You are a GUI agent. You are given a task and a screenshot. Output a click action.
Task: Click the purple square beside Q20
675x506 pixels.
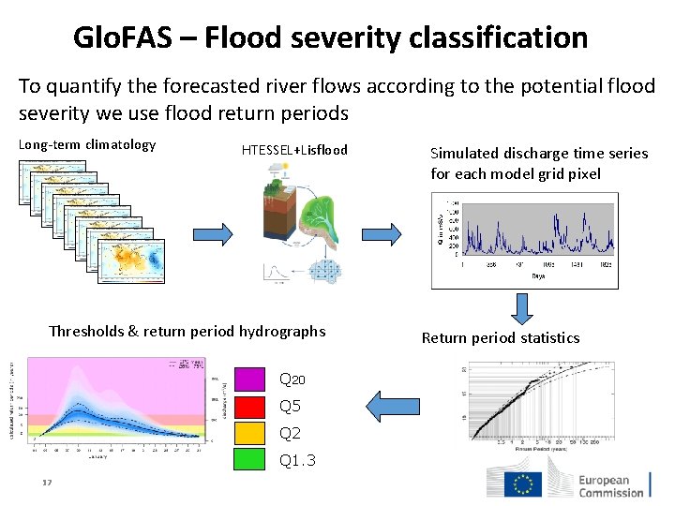[249, 379]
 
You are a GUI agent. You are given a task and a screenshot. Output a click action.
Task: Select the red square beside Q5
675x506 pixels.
[249, 406]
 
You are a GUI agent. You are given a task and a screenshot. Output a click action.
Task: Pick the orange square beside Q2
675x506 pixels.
[249, 433]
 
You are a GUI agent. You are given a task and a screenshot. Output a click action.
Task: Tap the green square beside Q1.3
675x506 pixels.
[249, 460]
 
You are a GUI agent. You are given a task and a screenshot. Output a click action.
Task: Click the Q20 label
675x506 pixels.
[292, 379]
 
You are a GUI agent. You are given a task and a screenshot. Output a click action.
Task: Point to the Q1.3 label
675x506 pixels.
[297, 461]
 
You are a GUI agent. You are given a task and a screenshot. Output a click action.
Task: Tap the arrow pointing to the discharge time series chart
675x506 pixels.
[382, 235]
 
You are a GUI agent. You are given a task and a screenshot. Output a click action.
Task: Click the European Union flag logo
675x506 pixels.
[522, 484]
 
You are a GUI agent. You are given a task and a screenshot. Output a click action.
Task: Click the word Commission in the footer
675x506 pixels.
[610, 491]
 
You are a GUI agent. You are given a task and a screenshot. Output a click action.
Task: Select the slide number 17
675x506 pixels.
[45, 484]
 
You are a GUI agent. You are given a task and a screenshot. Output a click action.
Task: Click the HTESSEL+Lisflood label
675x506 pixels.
[294, 150]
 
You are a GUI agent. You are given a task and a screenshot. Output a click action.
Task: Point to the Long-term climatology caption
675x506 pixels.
[87, 144]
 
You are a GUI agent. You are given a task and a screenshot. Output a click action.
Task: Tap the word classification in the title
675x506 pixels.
[498, 37]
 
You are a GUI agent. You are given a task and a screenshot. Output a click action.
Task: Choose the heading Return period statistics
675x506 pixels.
[501, 337]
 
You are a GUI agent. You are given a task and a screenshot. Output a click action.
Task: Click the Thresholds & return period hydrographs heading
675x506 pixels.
[187, 331]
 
